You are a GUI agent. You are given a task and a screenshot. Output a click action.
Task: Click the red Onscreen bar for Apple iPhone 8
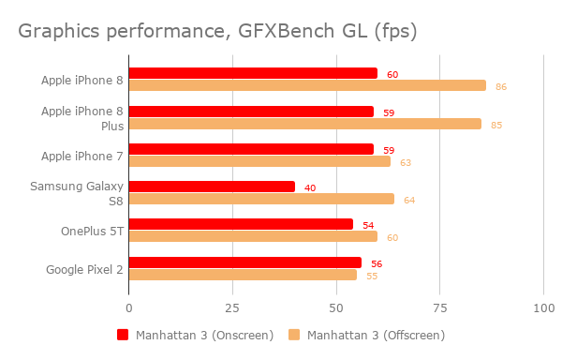pyautogui.click(x=253, y=73)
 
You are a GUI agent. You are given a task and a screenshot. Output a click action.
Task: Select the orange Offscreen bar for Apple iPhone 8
pyautogui.click(x=307, y=85)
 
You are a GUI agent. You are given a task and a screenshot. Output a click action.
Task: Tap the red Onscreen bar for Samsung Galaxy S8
pyautogui.click(x=212, y=187)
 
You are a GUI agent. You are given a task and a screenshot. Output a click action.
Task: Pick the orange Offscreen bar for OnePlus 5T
pyautogui.click(x=253, y=236)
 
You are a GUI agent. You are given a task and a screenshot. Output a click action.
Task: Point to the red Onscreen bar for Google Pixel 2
pyautogui.click(x=244, y=262)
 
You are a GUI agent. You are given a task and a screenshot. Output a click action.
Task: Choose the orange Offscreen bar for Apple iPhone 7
pyautogui.click(x=259, y=161)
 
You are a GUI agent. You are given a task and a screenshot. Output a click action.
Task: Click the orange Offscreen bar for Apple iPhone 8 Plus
pyautogui.click(x=304, y=124)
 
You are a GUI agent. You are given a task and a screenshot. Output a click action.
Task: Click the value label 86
pyautogui.click(x=501, y=87)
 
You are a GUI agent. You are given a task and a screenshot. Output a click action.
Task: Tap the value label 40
pyautogui.click(x=310, y=188)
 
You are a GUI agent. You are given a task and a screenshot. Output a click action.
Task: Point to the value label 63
pyautogui.click(x=406, y=163)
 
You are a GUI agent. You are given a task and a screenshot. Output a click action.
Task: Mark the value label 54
pyautogui.click(x=368, y=226)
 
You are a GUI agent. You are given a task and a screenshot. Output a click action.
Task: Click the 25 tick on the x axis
pyautogui.click(x=232, y=307)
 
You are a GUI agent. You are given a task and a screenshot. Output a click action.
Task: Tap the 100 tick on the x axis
pyautogui.click(x=542, y=307)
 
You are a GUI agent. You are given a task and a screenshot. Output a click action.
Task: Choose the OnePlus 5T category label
pyautogui.click(x=92, y=231)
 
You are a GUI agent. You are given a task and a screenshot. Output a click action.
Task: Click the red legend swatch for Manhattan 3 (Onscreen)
pyautogui.click(x=122, y=335)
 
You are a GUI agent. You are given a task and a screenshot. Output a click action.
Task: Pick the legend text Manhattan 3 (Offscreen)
pyautogui.click(x=376, y=335)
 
